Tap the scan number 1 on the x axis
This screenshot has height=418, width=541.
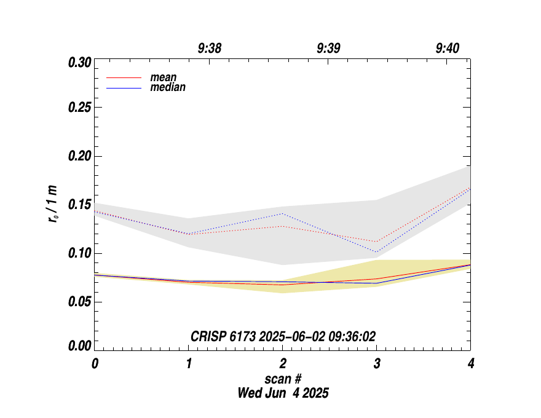point(189,363)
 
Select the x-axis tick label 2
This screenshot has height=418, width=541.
point(283,363)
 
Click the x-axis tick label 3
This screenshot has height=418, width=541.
point(377,363)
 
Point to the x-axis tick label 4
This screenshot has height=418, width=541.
point(470,363)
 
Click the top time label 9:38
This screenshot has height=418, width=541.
point(210,49)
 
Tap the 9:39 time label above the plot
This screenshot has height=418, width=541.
point(328,49)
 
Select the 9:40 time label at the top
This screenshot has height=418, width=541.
point(447,49)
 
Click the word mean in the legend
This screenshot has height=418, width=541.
point(164,78)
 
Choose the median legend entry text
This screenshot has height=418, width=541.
point(168,87)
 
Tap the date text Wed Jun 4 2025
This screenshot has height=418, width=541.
point(283,393)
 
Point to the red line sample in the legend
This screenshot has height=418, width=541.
point(124,78)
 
